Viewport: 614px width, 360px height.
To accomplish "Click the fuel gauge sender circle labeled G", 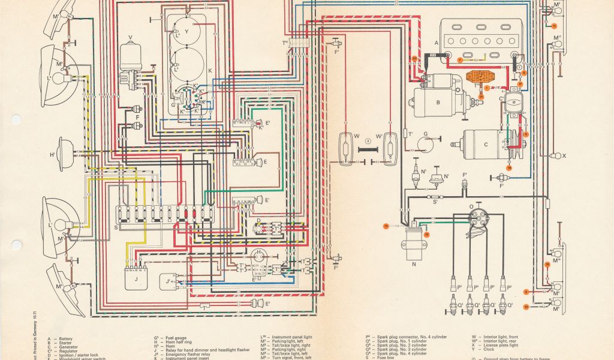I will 429,142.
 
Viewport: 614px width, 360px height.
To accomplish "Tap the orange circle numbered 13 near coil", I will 427,235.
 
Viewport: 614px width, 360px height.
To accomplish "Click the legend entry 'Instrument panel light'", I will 294,338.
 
